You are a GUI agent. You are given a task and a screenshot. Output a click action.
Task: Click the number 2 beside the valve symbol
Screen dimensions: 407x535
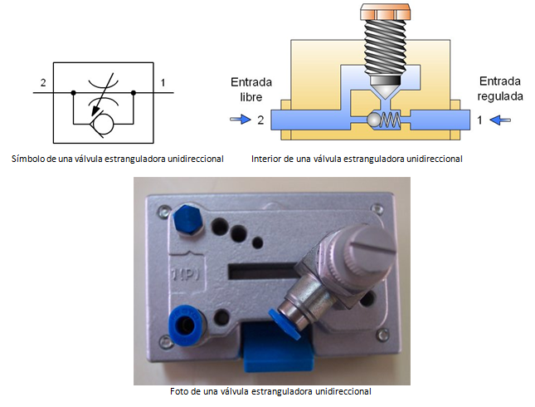coord(41,83)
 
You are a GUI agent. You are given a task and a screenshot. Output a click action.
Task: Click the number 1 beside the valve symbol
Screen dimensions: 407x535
coord(163,83)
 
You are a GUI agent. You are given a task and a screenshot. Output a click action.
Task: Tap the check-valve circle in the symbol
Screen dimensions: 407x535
coord(104,124)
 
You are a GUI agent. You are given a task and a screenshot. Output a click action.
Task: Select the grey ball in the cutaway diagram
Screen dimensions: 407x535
coord(375,120)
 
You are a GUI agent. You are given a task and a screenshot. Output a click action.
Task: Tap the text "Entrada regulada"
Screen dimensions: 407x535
coord(501,90)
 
